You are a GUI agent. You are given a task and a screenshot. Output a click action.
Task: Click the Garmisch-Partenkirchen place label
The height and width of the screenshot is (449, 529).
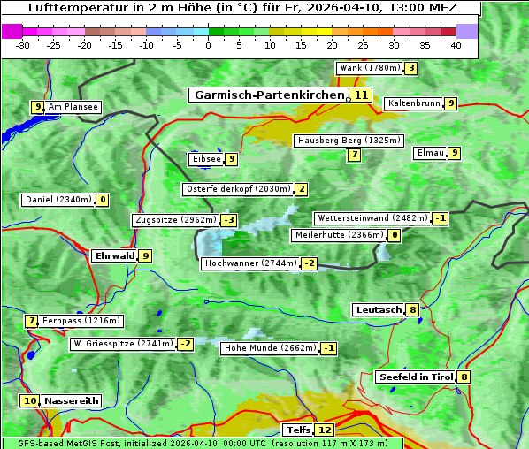point(268,95)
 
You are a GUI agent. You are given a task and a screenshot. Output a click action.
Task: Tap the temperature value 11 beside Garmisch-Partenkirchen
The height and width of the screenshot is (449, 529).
point(360,95)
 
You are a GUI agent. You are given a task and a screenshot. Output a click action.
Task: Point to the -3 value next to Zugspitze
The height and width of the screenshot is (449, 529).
point(229,220)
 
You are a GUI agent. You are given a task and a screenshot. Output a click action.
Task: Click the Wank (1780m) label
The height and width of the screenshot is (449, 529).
point(370,68)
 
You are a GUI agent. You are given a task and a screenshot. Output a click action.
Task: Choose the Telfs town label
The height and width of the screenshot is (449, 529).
point(297,430)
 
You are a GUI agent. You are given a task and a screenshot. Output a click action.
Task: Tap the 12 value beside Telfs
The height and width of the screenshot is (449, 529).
point(326,430)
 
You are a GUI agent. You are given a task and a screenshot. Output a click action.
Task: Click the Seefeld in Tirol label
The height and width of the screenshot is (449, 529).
point(416,377)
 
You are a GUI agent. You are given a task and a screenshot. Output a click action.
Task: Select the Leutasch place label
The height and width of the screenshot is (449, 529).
point(379,310)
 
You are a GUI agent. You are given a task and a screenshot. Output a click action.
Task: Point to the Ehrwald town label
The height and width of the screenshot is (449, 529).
point(114,256)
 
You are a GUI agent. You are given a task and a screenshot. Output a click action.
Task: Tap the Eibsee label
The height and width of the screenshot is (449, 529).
point(206,159)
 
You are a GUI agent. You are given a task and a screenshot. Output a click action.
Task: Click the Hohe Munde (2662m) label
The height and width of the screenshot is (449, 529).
point(270,348)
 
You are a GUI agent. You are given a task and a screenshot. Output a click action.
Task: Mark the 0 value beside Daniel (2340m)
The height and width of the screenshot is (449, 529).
point(103,200)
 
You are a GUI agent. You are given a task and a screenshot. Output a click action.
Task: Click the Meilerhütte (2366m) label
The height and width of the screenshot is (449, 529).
point(339,235)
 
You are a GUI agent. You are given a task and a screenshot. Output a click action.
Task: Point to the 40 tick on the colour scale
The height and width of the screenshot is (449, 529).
point(456,45)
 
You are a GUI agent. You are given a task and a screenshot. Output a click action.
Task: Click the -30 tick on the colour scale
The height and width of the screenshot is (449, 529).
point(23,45)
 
